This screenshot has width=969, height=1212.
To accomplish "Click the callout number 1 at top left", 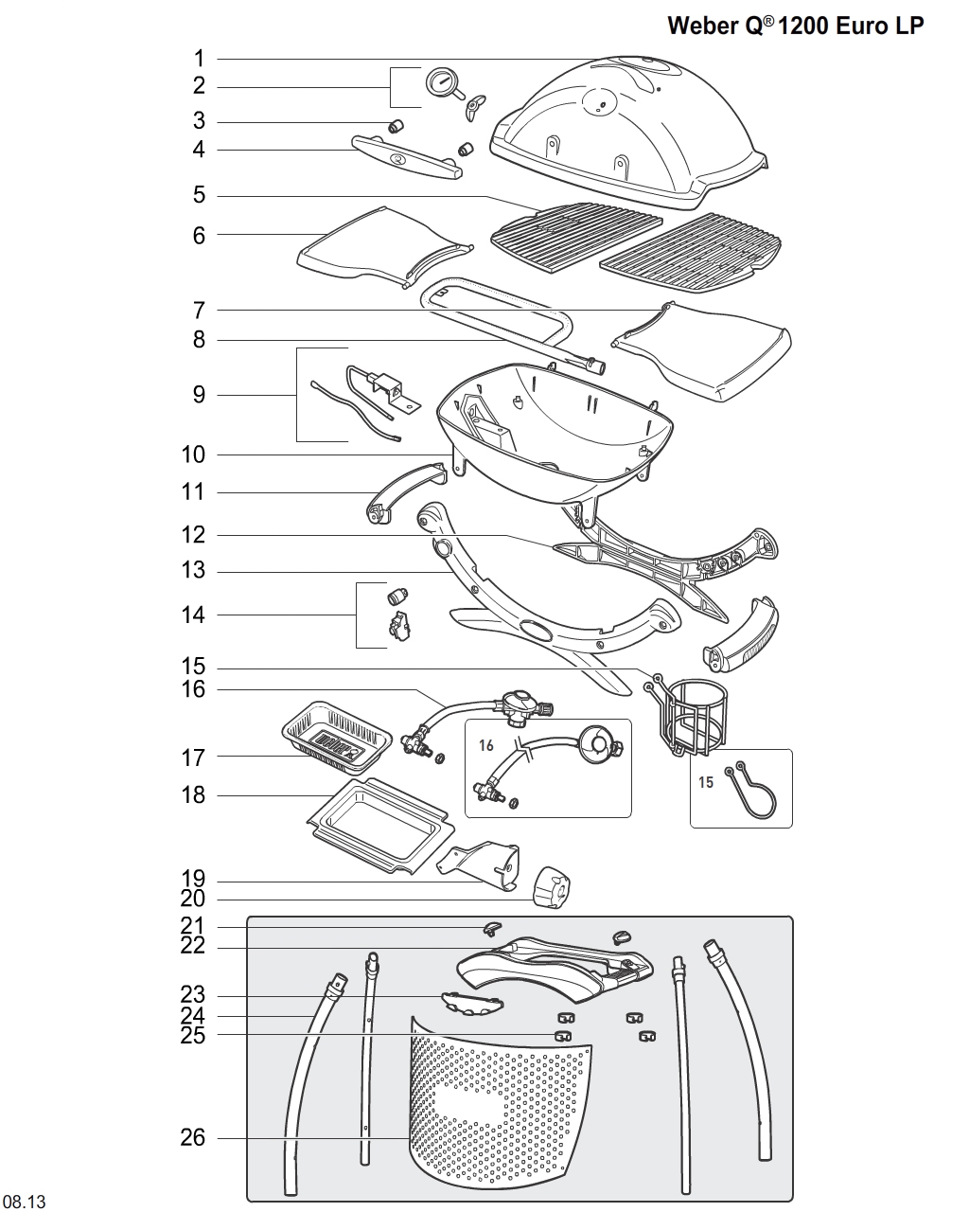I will pyautogui.click(x=199, y=59).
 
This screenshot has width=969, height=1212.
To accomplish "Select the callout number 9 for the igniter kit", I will pyautogui.click(x=199, y=394).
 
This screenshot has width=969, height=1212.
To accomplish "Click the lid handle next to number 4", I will pyautogui.click(x=407, y=157).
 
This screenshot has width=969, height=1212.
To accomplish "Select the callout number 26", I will pyautogui.click(x=192, y=1137).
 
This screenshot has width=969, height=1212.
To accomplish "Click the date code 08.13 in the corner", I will pyautogui.click(x=24, y=1202).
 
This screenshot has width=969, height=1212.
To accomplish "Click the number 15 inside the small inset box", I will pyautogui.click(x=706, y=782).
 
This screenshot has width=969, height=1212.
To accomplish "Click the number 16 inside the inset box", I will pyautogui.click(x=486, y=745).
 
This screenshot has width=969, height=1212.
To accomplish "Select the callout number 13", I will pyautogui.click(x=193, y=571).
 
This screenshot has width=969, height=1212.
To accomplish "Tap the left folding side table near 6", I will pyautogui.click(x=379, y=247).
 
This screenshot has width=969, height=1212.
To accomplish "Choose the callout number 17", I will pyautogui.click(x=193, y=757).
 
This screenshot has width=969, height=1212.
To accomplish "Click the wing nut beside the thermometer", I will pyautogui.click(x=474, y=106).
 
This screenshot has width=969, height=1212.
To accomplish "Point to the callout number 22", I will pyautogui.click(x=193, y=946).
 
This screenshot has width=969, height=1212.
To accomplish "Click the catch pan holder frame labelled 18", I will pyautogui.click(x=377, y=825).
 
